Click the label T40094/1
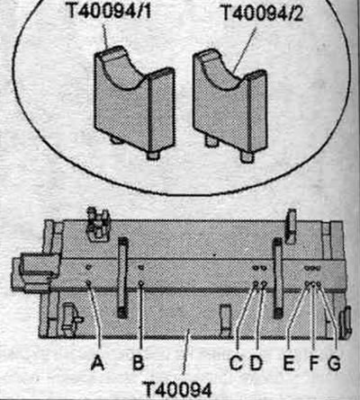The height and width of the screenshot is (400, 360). [x=109, y=11]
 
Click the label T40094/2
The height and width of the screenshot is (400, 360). [x=262, y=13]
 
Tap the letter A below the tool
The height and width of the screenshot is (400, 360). [x=98, y=362]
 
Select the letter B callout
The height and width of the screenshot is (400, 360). [x=139, y=362]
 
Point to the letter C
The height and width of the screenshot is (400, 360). [x=236, y=362]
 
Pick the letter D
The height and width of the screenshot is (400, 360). [x=256, y=362]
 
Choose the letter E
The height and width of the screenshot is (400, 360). [x=289, y=362]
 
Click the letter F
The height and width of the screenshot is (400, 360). [x=314, y=362]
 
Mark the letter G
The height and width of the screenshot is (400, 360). [x=334, y=362]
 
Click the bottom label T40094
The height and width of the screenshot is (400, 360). [x=177, y=389]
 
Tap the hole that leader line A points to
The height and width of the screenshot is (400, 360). [x=88, y=282]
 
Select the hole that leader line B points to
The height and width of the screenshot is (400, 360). [x=141, y=282]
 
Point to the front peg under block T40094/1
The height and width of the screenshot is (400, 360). [x=152, y=156]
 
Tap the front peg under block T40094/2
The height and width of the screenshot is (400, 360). [x=247, y=157]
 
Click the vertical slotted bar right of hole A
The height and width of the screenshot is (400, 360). [x=122, y=277]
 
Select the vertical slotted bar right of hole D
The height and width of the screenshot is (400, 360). [x=277, y=278]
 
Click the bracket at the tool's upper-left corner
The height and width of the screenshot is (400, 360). [x=97, y=223]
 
